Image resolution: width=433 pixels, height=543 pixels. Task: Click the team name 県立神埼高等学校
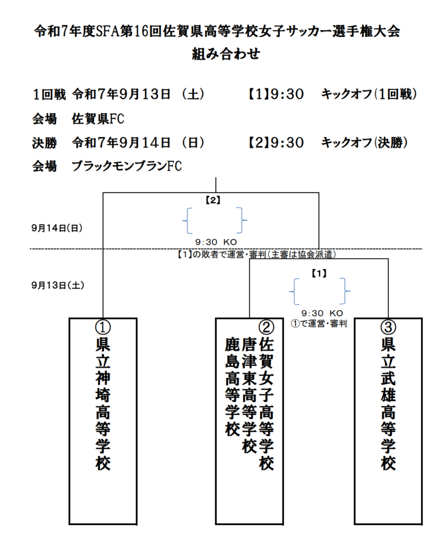click(103, 403)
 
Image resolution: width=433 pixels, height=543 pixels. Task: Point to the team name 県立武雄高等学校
click(388, 403)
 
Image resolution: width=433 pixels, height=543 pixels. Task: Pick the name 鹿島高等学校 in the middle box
click(231, 387)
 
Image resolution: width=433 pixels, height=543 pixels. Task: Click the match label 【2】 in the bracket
click(213, 201)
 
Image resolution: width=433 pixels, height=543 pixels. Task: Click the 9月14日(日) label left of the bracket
click(57, 228)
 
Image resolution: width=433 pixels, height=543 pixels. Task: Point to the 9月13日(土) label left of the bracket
click(57, 285)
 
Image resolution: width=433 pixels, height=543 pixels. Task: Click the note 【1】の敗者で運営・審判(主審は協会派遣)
click(256, 255)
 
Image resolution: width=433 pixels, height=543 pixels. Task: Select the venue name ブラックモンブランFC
click(127, 167)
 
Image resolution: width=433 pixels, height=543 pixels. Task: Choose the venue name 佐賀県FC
click(98, 119)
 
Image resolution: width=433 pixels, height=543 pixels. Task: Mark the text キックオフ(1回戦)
click(369, 94)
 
